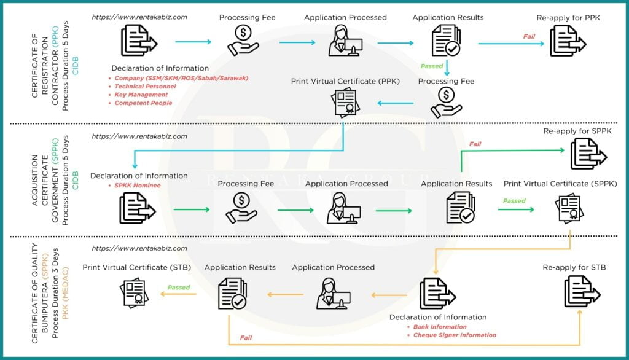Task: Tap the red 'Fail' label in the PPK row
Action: tap(529, 36)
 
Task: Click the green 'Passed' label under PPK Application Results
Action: tap(432, 66)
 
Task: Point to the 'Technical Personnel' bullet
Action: tap(145, 87)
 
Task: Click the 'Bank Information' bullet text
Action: tap(440, 327)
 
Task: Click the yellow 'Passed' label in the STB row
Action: tap(179, 288)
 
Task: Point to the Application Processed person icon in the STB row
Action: tap(332, 293)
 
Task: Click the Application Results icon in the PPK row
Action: tap(446, 42)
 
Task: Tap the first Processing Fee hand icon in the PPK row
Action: tap(243, 41)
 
